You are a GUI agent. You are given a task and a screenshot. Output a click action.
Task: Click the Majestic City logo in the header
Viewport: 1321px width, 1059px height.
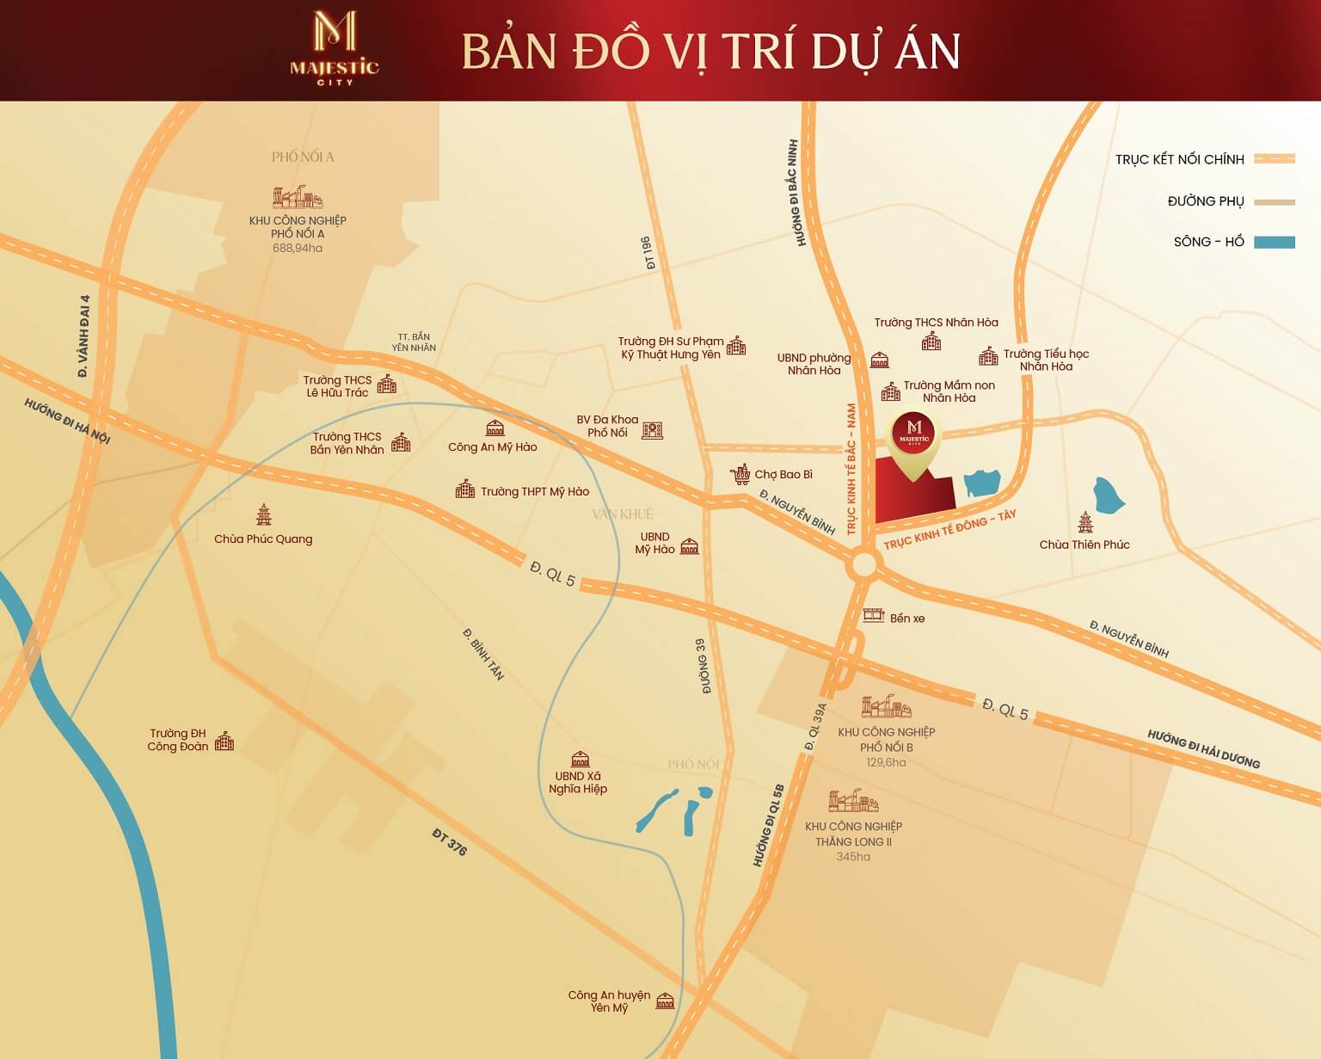(x=335, y=48)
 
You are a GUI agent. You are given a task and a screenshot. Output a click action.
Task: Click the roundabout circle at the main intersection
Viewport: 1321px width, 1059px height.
(x=864, y=566)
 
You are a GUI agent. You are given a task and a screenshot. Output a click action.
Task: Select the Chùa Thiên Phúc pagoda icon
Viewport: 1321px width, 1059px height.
(x=1085, y=523)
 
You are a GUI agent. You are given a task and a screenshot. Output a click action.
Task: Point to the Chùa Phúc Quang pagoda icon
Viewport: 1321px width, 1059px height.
(x=263, y=515)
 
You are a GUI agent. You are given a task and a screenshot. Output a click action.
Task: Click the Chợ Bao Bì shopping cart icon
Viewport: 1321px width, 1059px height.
(x=740, y=474)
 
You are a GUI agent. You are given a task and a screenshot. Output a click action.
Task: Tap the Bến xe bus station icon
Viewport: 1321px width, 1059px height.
(x=874, y=615)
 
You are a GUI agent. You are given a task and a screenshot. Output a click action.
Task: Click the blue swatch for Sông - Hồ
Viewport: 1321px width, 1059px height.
(x=1274, y=242)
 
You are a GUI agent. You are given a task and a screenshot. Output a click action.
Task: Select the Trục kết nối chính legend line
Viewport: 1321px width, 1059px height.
(x=1274, y=159)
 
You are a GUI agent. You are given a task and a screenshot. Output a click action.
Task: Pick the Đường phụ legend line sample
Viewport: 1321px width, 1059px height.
(x=1274, y=201)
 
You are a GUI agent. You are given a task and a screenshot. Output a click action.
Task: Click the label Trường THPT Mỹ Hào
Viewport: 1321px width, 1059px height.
(x=534, y=491)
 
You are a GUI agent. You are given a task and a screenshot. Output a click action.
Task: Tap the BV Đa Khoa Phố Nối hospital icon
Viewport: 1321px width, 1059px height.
(x=652, y=429)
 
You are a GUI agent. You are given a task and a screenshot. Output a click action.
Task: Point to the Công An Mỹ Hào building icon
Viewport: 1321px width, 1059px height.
(x=495, y=428)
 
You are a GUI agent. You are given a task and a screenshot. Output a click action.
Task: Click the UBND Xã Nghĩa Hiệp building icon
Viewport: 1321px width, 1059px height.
(x=581, y=758)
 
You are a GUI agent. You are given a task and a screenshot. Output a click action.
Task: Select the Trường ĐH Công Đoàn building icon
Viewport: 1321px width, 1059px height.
(x=224, y=741)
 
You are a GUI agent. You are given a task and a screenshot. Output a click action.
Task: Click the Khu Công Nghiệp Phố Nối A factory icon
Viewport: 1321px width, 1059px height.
(x=297, y=198)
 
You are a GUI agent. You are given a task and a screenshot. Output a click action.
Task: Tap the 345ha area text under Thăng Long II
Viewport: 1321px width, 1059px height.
(x=853, y=857)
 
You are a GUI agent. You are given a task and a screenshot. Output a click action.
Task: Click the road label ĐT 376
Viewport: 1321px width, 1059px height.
(x=450, y=842)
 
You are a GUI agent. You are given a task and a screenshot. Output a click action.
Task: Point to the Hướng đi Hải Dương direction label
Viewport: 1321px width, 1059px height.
(x=1203, y=749)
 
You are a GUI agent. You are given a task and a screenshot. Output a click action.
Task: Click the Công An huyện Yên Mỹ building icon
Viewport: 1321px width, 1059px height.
(x=665, y=1001)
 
